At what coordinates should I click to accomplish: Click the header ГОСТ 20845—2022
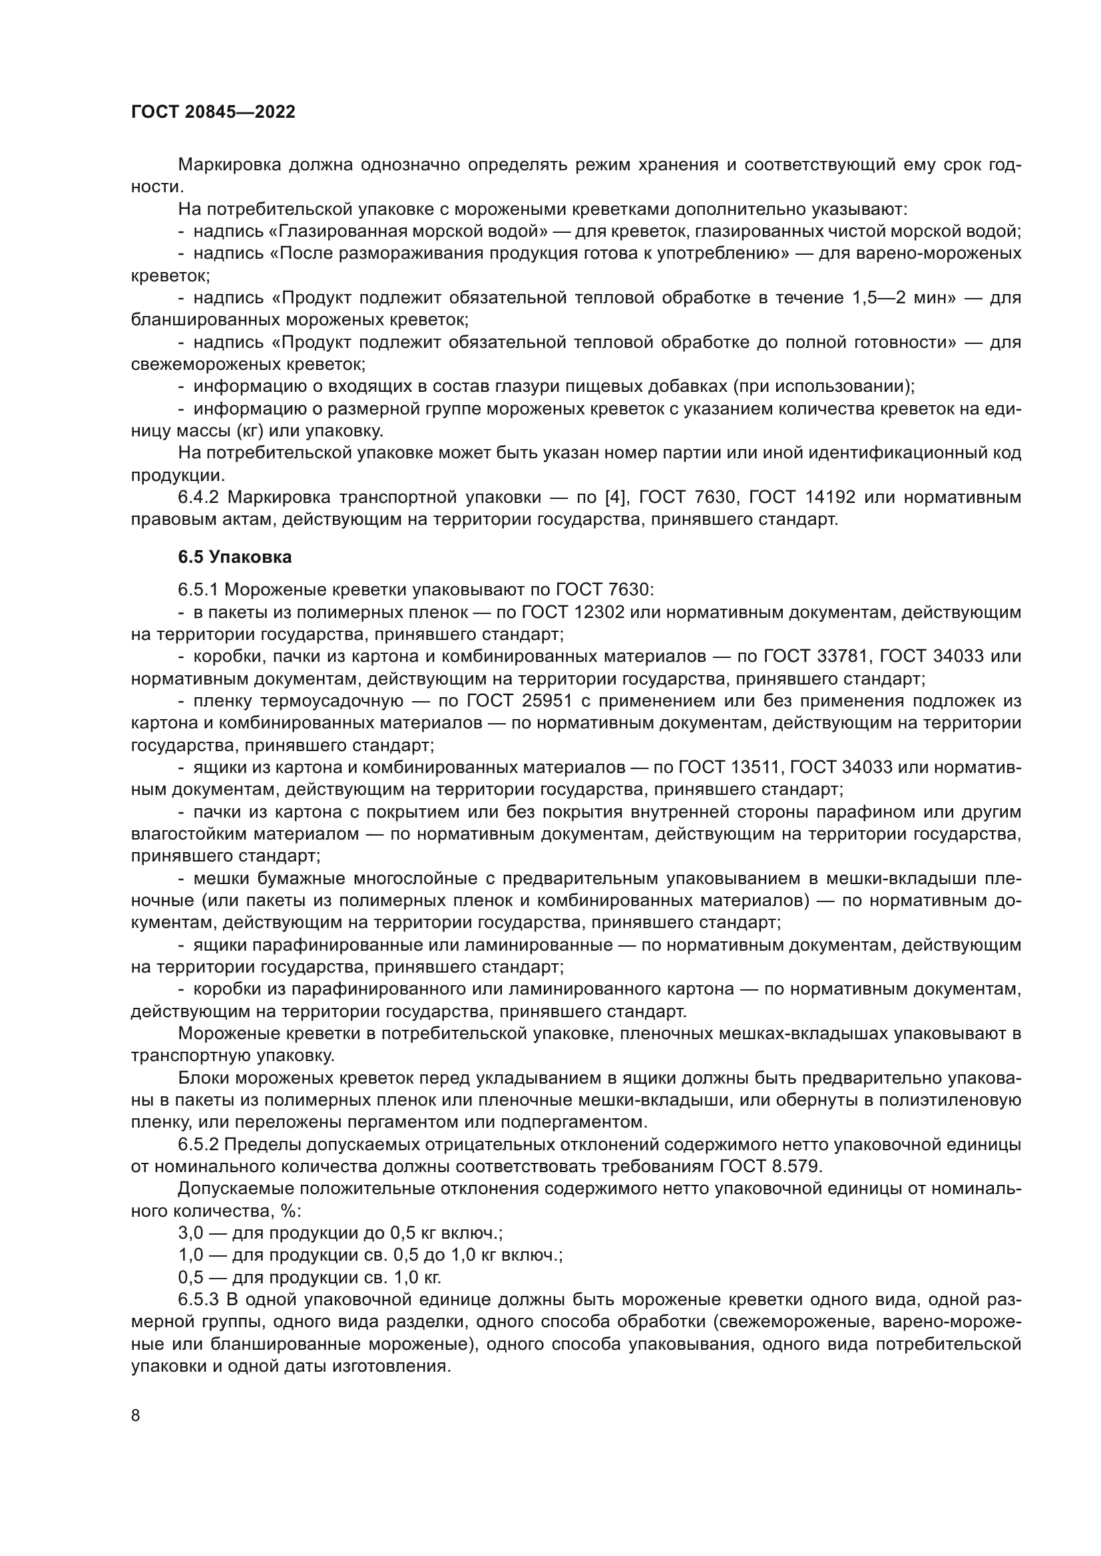click(213, 112)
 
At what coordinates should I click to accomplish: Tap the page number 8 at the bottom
click(136, 1416)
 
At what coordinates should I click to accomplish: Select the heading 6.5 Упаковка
click(234, 557)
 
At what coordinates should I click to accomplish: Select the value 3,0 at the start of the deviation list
click(190, 1233)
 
